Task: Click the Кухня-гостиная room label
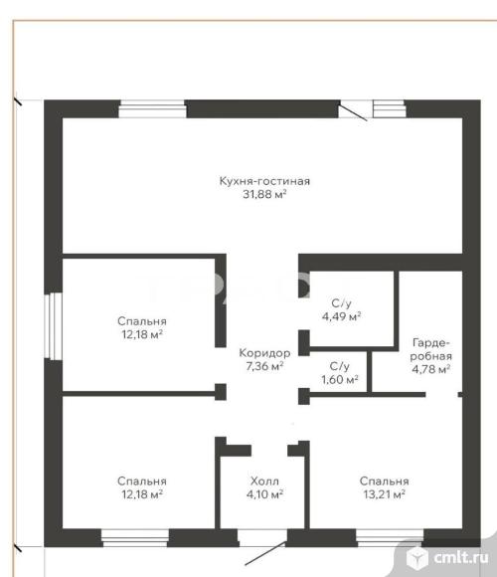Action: point(264,181)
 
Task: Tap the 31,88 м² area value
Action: point(264,194)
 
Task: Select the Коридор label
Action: point(264,353)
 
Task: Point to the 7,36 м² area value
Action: point(264,366)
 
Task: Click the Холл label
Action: point(264,481)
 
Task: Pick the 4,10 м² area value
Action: point(264,493)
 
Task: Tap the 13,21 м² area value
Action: point(385,493)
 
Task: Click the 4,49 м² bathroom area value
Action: point(342,316)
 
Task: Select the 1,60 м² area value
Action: point(340,379)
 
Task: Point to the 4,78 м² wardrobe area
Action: point(431,369)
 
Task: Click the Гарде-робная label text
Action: point(430,349)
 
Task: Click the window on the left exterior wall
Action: point(53,326)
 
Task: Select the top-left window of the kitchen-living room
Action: point(152,108)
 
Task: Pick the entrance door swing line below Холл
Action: point(265,553)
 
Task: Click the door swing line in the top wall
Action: point(353,111)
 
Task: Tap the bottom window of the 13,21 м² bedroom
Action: point(390,538)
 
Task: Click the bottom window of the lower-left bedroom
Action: point(135,538)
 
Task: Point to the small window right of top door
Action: point(390,108)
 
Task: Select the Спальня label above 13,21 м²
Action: point(385,481)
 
